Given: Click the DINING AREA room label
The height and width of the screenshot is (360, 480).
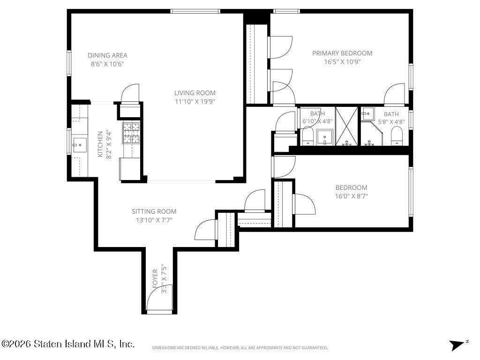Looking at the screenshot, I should pos(107,55).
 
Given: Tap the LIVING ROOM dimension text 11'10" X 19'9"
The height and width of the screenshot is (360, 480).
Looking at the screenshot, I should pos(195,101).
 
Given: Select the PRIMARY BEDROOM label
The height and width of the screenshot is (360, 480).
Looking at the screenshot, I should pos(342,53).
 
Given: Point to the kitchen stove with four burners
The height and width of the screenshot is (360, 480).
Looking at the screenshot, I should pos(131,133).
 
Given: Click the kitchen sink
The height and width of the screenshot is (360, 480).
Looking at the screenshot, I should pos(79,145).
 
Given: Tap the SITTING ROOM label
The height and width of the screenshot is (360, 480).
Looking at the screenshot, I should pos(154,211).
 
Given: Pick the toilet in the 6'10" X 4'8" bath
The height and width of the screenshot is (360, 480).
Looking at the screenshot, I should pos(307,136).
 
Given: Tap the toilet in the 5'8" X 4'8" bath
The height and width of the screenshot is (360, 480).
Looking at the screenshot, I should pos(397,135).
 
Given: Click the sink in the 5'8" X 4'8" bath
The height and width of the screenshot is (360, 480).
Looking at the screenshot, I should pos(367,113).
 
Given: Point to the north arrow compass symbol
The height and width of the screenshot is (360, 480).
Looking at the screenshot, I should pos(457,345).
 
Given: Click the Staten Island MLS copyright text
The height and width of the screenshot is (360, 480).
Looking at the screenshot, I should pos(68,344).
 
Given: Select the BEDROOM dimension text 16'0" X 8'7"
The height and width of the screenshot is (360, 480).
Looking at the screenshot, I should pos(351,196).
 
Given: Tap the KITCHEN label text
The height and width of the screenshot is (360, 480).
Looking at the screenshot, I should pos(100,144).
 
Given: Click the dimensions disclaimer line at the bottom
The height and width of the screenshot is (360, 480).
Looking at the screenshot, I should pos(240,348).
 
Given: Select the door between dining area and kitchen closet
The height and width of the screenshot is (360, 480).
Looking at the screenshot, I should pos(130,94).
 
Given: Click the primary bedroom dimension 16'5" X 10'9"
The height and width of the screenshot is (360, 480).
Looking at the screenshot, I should pos(342,61).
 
